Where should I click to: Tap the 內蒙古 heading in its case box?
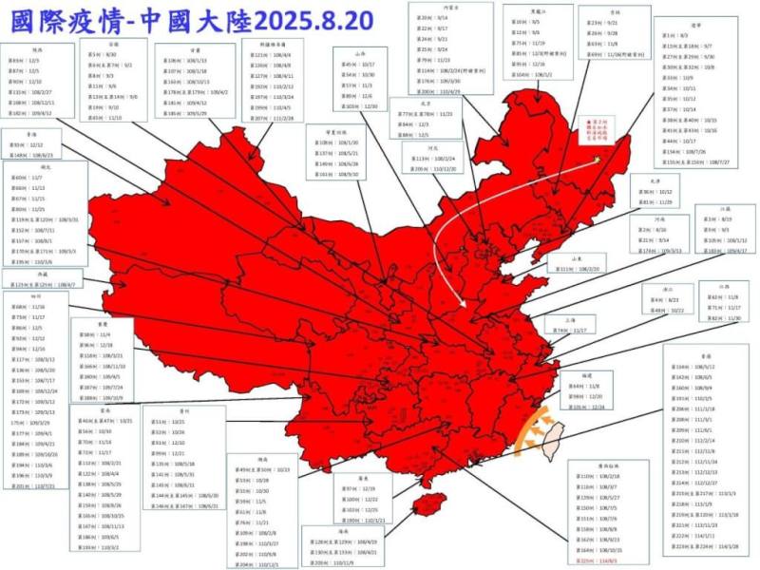439,8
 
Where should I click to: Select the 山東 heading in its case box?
575,258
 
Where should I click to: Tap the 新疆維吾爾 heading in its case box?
272,44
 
